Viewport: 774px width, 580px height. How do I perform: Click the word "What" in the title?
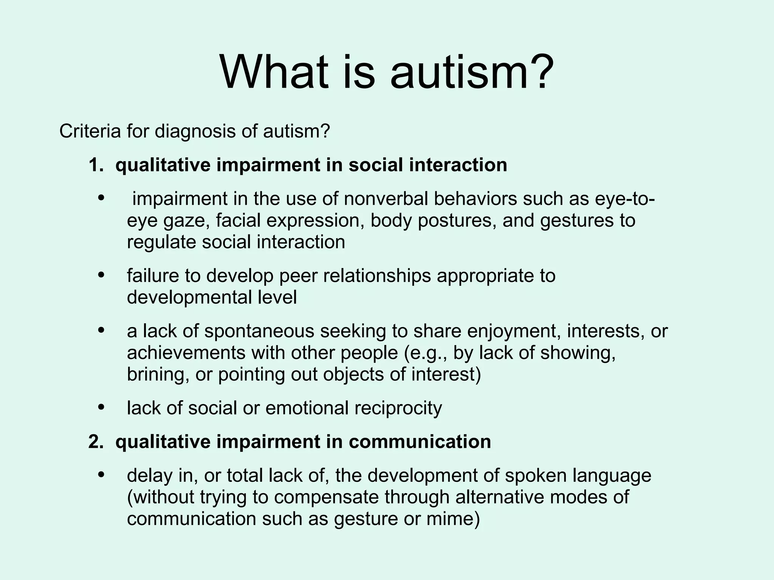click(274, 72)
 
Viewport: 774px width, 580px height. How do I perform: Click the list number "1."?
click(96, 165)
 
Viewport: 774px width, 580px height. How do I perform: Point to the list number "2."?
click(96, 442)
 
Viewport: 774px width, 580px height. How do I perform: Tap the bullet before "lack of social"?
click(101, 407)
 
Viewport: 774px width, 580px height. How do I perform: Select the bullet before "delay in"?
click(101, 475)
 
